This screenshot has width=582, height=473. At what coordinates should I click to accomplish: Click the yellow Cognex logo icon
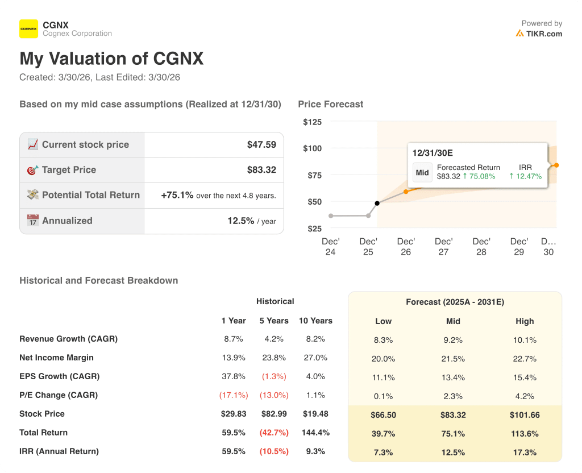[29, 28]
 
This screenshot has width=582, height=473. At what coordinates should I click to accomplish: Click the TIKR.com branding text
[544, 34]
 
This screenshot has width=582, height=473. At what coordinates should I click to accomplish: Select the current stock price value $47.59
[261, 145]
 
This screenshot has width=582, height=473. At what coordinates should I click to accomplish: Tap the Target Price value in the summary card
[261, 170]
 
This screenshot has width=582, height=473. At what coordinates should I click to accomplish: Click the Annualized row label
[67, 221]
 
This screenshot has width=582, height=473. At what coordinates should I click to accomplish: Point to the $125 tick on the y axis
[312, 122]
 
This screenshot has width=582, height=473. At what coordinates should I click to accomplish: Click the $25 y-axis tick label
[314, 229]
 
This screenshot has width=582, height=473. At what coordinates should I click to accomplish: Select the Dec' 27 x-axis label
[443, 247]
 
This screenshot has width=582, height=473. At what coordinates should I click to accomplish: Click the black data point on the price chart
[377, 203]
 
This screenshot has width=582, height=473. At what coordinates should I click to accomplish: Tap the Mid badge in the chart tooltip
[422, 172]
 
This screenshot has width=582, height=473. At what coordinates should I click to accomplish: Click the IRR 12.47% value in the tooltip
[525, 176]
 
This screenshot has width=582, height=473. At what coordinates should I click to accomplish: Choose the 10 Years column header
[315, 321]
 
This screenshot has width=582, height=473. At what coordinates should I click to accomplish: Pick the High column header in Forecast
[525, 321]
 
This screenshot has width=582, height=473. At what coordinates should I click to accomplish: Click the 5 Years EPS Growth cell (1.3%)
[275, 376]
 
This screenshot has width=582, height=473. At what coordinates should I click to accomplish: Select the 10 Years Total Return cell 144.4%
[315, 433]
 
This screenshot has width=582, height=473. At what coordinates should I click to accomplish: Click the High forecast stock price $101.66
[525, 415]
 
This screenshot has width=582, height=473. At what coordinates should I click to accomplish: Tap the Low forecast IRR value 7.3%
[384, 453]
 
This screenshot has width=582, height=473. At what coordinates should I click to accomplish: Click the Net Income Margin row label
[56, 358]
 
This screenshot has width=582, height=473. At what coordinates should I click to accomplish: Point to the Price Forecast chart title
[330, 104]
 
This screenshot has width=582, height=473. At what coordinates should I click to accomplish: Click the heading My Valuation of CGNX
[111, 59]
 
